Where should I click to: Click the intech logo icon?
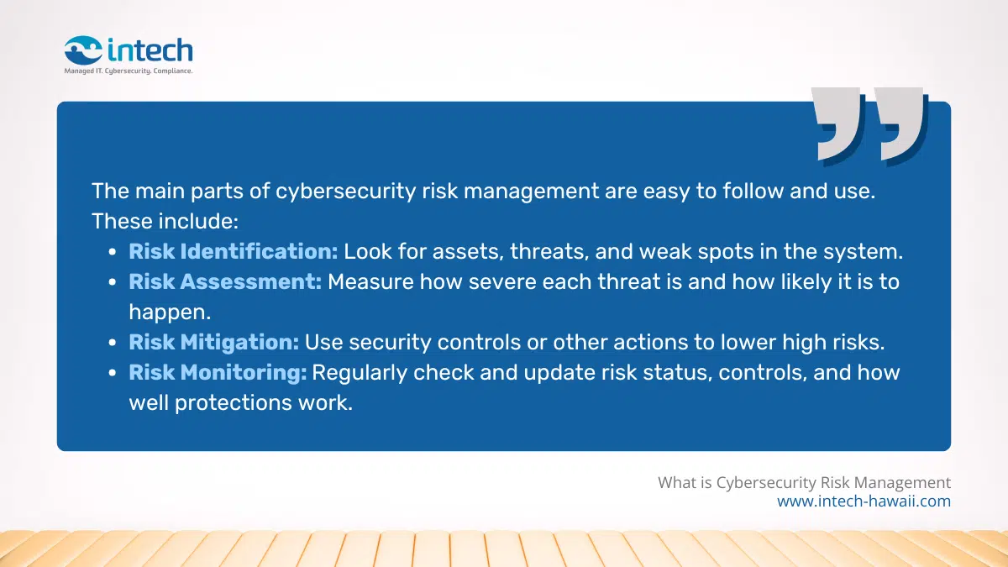pos(84,50)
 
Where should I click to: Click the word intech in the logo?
pos(150,50)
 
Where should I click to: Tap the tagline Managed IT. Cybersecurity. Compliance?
pos(129,71)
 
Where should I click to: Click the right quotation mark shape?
pos(900,123)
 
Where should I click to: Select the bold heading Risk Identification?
pos(233,251)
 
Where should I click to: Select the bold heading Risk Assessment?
pos(225,281)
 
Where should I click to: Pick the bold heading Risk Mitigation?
pos(213,342)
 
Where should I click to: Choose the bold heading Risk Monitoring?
pos(218,372)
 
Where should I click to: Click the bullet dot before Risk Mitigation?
pos(113,343)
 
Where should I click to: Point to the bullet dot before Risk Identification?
pos(113,252)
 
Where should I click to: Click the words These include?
pos(165,221)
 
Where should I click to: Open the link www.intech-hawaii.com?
pos(864,501)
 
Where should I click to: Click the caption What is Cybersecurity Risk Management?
pos(804,482)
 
